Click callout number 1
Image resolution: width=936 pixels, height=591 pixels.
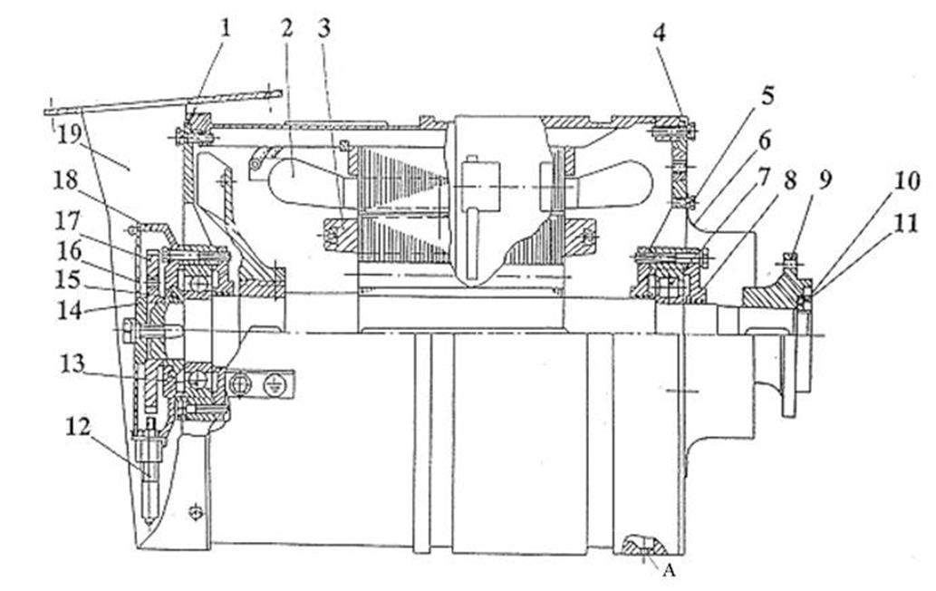226,27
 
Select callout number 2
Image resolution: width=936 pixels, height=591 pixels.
286,27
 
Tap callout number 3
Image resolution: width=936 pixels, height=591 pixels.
323,27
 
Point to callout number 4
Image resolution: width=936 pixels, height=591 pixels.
661,35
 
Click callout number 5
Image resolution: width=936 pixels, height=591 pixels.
743,94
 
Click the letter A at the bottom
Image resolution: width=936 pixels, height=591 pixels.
671,570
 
